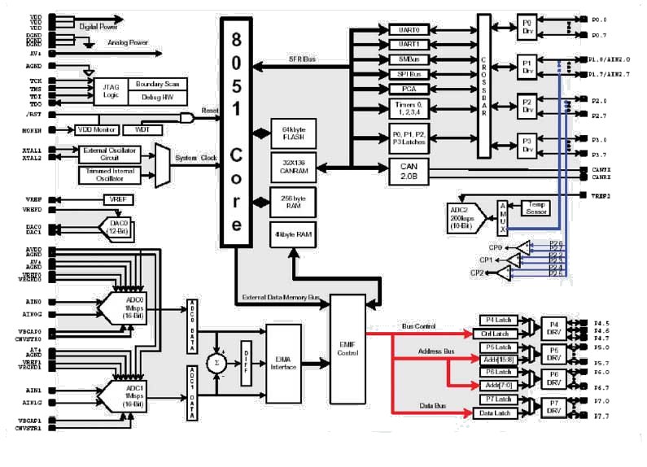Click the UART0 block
click(x=404, y=29)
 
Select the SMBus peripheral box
click(x=404, y=59)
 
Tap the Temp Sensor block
click(x=535, y=207)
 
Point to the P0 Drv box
click(x=525, y=26)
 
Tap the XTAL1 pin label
click(x=33, y=151)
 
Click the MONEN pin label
click(x=33, y=130)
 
